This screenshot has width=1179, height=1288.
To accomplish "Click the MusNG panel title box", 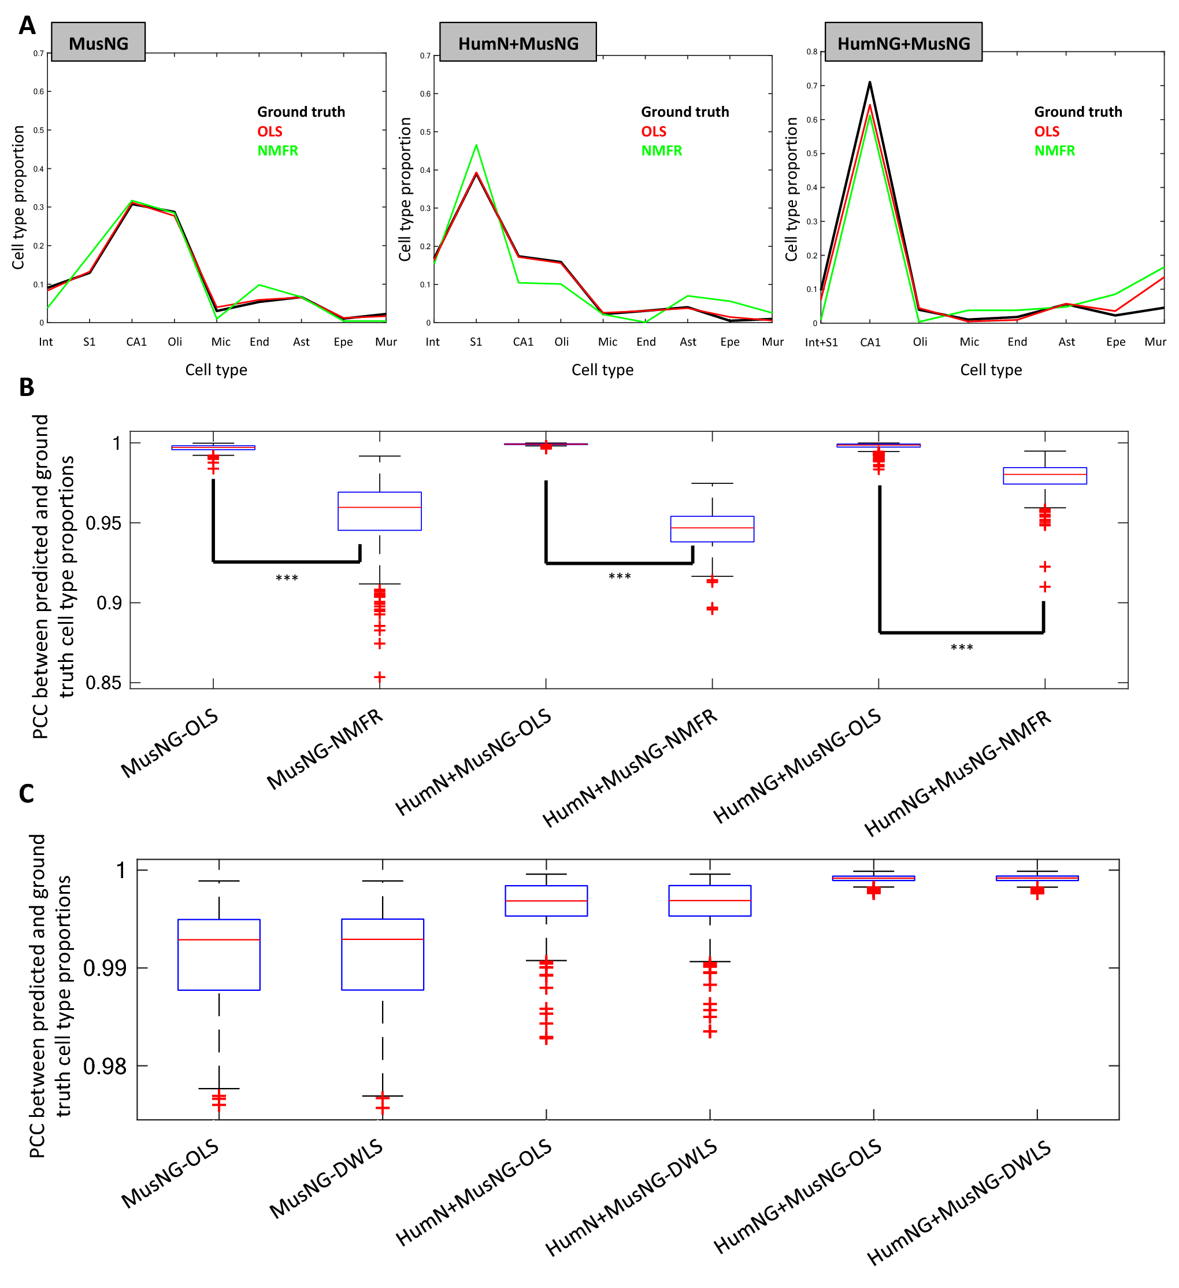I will tap(98, 42).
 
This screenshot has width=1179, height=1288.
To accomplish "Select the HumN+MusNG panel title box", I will tap(518, 42).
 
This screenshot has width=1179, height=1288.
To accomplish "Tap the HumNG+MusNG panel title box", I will tap(903, 42).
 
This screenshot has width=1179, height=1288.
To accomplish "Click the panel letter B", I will tap(26, 387).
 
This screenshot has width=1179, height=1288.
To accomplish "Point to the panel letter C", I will tap(26, 794).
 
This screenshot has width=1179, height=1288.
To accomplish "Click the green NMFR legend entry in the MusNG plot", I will tap(277, 151).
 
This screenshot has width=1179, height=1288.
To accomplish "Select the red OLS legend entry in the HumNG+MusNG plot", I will tap(1046, 132).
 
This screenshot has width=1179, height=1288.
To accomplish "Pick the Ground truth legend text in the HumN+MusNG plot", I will tap(685, 112).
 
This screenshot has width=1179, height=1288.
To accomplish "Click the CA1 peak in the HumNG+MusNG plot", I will tap(869, 83).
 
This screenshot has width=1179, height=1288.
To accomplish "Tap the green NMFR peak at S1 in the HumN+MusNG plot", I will tap(476, 146).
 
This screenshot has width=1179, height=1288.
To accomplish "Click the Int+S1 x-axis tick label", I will tap(821, 342).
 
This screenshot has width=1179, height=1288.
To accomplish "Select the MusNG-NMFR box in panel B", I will tap(379, 511).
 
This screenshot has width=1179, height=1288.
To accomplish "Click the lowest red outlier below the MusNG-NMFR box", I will tap(379, 676).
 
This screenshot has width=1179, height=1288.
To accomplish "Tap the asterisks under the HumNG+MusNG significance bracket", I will tap(961, 649).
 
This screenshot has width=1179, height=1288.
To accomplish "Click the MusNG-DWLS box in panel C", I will tap(383, 954).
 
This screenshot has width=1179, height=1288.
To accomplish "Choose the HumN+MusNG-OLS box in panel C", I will tap(546, 901).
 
